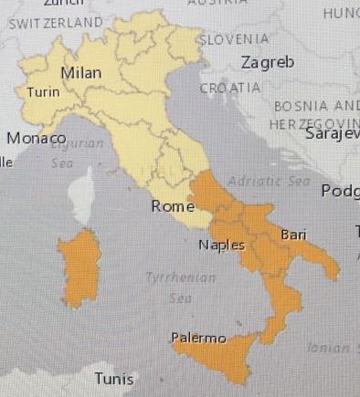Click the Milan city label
click(x=80, y=73)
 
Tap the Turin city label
click(x=42, y=92)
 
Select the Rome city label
click(x=173, y=206)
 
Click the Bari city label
click(x=293, y=235)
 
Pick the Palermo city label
click(x=198, y=339)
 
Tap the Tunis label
click(x=115, y=379)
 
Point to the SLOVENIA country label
click(x=235, y=39)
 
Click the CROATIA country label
click(x=229, y=88)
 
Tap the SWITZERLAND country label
click(x=55, y=21)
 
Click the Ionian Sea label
click(x=329, y=347)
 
